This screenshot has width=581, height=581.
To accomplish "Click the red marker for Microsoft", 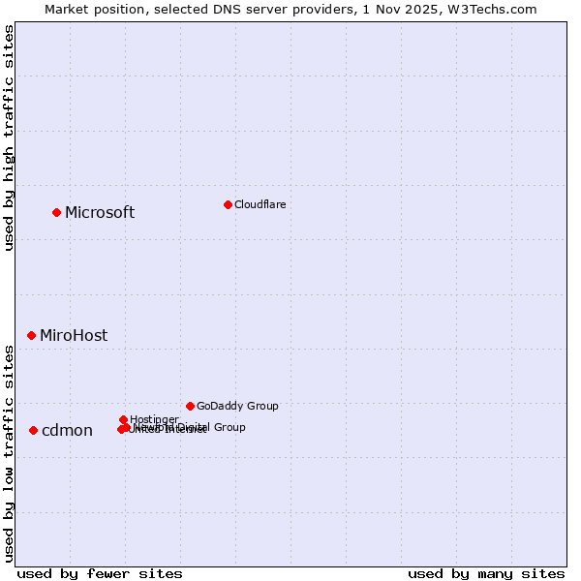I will pos(56,212).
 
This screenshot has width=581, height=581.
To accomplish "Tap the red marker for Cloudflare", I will pos(228,204).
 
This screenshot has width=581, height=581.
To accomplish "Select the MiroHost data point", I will pos(31,335).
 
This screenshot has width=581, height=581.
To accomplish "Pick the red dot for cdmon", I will pos(33,430).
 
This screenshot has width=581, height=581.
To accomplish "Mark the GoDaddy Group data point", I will pos(190,406).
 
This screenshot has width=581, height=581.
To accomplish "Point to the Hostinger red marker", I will pos(123,419).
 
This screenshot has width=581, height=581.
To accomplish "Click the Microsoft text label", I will pos(99,212).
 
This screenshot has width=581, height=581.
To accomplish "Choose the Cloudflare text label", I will pos(260,204).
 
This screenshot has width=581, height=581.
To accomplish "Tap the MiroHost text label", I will pos(74,335).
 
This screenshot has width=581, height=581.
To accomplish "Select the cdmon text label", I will pos(67,430).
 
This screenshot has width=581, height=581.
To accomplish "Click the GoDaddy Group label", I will pos(236,406).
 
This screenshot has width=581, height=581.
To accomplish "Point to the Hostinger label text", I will pos(153,419).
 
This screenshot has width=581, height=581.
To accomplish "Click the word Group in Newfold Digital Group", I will pos(229,427).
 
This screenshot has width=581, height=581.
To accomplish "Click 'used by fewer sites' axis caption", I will pos(100,573).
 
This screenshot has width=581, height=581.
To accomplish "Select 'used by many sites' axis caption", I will pos(486,573).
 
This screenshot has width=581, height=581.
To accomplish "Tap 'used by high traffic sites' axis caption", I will pos(9,138).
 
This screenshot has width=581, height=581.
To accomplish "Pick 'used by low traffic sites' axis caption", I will pos(9,453).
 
